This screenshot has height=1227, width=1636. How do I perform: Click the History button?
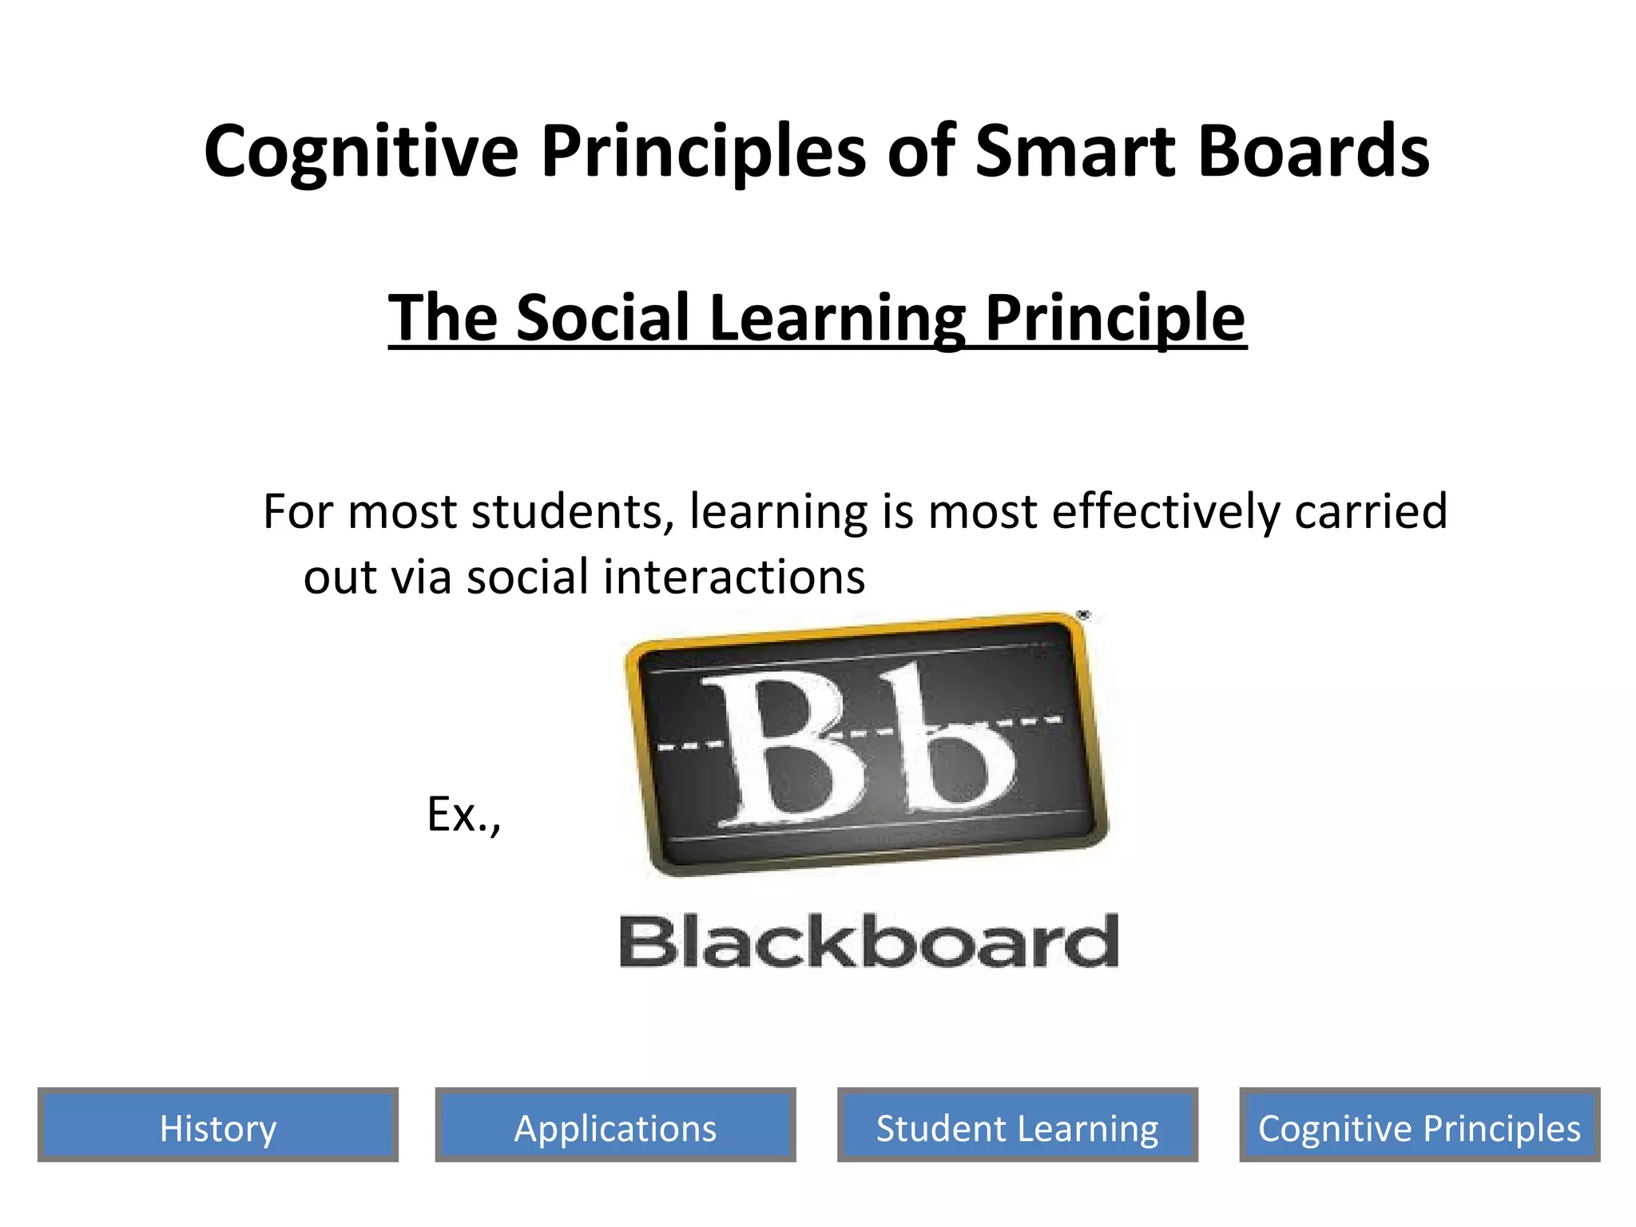pos(217,1128)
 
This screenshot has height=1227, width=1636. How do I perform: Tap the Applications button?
pos(615,1128)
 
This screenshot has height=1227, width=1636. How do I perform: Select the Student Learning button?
pos(1017,1128)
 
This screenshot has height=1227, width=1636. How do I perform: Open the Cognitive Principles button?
pos(1420,1128)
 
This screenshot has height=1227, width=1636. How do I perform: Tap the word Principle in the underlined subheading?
pos(1114,318)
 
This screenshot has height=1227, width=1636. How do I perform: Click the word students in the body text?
pos(572,511)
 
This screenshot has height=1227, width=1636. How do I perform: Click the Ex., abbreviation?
pos(463,815)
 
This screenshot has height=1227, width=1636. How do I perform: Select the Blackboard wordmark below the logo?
pos(868,943)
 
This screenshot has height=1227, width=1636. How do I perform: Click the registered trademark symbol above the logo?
pos(1083,614)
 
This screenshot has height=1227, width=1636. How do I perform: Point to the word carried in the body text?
pos(1370,511)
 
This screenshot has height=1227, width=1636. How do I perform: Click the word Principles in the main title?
pos(703,152)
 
